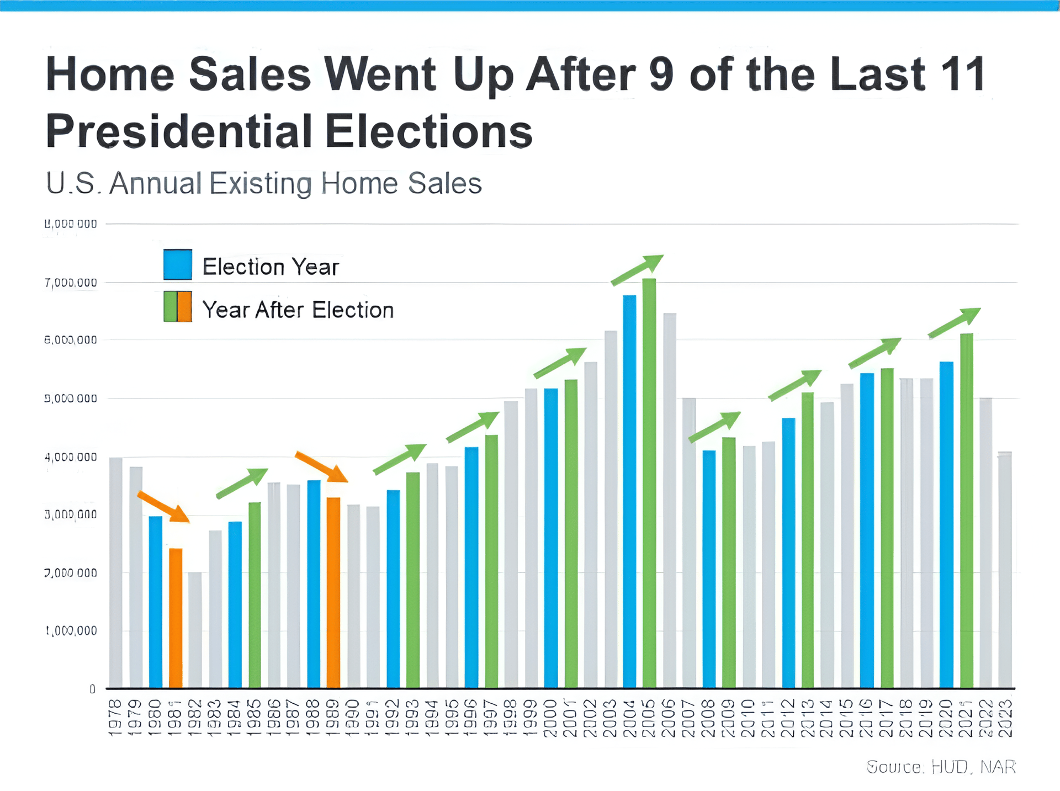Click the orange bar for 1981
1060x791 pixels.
point(176,618)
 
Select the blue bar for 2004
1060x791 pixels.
point(629,491)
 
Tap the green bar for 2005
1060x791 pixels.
point(649,483)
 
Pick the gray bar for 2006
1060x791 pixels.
point(670,500)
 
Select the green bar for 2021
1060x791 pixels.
point(967,511)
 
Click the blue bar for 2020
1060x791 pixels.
point(946,524)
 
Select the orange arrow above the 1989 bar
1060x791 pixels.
point(321,466)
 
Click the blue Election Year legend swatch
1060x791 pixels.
point(178,264)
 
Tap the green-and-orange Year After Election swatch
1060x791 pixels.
point(178,307)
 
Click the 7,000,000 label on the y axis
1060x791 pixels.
point(71,283)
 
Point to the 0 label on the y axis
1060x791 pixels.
point(92,689)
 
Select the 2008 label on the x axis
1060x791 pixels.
point(709,718)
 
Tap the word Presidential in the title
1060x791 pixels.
point(179,131)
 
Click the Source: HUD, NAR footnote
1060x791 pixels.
point(941,767)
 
